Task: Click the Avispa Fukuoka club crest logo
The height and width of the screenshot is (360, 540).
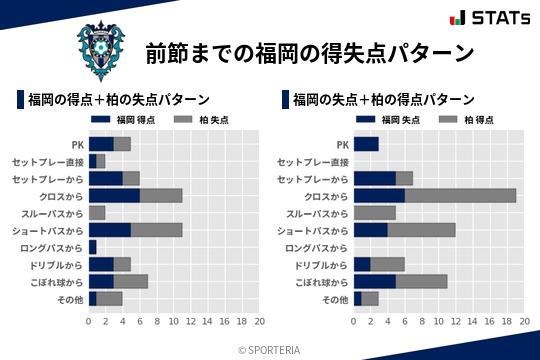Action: (x=101, y=47)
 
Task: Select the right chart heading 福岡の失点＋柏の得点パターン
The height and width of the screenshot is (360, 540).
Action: (x=384, y=100)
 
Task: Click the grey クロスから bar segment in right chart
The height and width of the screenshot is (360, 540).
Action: (x=461, y=196)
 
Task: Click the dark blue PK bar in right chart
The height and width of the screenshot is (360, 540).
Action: (x=366, y=144)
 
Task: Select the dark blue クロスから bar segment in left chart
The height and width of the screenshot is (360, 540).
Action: (x=114, y=196)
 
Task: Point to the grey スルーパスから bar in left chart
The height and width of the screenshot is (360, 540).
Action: (x=97, y=213)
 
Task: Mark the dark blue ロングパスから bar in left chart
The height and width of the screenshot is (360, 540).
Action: (x=93, y=247)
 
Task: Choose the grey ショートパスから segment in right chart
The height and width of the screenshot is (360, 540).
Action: (x=422, y=230)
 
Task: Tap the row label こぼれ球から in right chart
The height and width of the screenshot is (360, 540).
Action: (x=318, y=282)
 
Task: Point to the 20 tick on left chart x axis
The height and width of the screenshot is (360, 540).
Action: (x=259, y=322)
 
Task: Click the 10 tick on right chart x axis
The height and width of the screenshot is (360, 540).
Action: (x=439, y=322)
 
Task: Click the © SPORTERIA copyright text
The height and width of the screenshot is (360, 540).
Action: (x=269, y=350)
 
